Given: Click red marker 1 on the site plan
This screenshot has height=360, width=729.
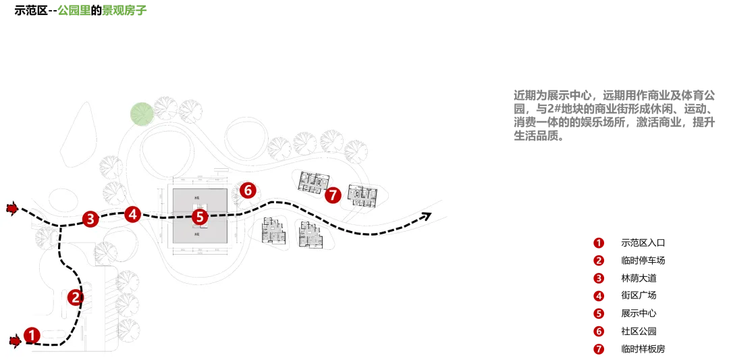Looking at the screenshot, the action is click(31, 334).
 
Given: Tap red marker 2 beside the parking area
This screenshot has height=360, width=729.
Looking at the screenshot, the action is click(76, 297).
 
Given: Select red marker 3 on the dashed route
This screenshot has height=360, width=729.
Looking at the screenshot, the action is click(90, 218).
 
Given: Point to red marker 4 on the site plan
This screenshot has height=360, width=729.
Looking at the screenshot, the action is click(132, 214).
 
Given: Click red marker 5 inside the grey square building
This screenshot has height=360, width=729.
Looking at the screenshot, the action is click(199, 217).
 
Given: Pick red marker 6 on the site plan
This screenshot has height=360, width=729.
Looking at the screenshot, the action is click(248, 190).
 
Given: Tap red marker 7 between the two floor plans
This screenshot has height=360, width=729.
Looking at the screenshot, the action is click(332, 195).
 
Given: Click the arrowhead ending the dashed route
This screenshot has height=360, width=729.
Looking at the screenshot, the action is click(426, 216).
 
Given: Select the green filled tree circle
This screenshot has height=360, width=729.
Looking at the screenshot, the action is click(142, 114).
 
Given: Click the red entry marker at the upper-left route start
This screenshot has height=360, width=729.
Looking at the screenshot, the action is click(11, 208).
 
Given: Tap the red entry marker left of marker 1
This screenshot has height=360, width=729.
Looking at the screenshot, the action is click(13, 342).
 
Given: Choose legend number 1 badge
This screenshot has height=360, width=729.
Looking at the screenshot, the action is click(598, 242).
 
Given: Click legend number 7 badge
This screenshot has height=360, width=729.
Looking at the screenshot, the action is click(598, 349).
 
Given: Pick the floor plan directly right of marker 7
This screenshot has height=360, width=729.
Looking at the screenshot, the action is click(362, 195).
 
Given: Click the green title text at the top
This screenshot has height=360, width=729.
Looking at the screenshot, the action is click(103, 11).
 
